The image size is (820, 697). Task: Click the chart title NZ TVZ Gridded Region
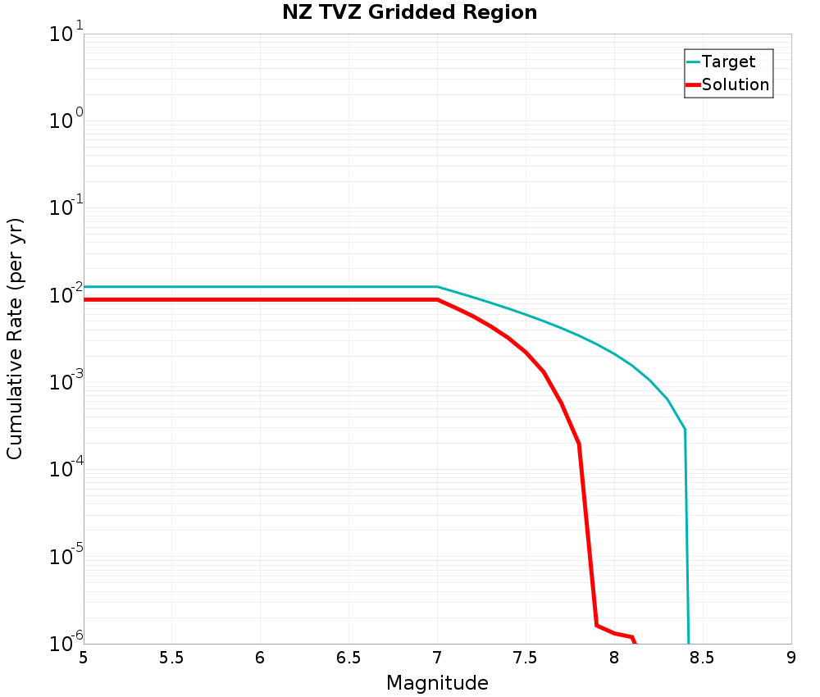click(x=409, y=12)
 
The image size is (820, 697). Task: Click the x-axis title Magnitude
click(x=437, y=683)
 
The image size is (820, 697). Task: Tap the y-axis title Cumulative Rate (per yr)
click(x=15, y=339)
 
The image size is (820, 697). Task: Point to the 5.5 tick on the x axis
click(x=171, y=658)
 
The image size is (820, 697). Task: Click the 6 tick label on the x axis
click(x=260, y=658)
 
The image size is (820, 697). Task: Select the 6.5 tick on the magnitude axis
click(x=348, y=658)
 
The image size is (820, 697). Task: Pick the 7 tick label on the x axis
click(x=437, y=658)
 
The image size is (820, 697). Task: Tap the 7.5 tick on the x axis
click(x=526, y=658)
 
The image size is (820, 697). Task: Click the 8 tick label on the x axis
click(x=614, y=658)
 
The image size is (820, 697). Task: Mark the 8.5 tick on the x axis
click(x=703, y=658)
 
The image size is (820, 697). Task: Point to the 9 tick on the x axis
click(x=791, y=658)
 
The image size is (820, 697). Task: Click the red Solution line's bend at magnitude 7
click(x=437, y=299)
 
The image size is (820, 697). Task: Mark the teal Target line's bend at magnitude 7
click(x=437, y=287)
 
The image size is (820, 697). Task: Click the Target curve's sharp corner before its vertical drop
click(x=685, y=429)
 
